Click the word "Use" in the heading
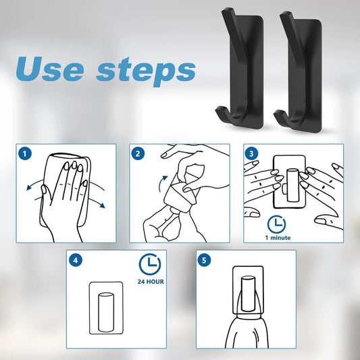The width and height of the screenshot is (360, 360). [x=50, y=69]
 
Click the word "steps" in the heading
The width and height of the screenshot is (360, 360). [x=146, y=72]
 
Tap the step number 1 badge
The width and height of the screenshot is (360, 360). [x=25, y=154]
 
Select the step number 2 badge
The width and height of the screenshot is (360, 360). [x=138, y=153]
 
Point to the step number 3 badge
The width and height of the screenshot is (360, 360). [x=251, y=153]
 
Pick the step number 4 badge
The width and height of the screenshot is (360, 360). [x=75, y=260]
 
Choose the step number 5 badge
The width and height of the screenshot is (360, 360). [x=204, y=260]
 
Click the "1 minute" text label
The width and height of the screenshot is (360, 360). [x=278, y=238]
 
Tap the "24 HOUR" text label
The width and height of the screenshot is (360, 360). [x=151, y=282]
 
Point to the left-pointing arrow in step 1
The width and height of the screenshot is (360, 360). [x=34, y=184]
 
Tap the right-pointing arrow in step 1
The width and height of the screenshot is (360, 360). [x=97, y=202]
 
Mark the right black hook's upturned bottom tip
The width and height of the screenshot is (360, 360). [x=276, y=113]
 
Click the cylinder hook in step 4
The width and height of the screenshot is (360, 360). [x=106, y=312]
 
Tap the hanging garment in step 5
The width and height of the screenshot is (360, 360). [x=247, y=331]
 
